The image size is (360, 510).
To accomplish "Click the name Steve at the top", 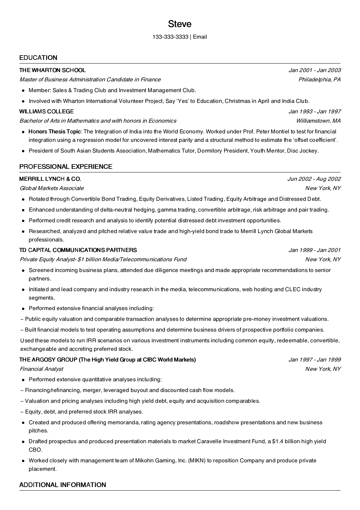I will pyautogui.click(x=180, y=24).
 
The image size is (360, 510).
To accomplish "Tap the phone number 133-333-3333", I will pyautogui.click(x=170, y=37).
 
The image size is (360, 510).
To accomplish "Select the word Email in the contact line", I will pyautogui.click(x=200, y=37).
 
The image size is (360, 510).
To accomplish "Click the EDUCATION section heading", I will pyautogui.click(x=38, y=58).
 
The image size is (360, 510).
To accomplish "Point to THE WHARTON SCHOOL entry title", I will pyautogui.click(x=52, y=70).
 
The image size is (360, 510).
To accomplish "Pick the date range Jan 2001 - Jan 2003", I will pyautogui.click(x=314, y=70).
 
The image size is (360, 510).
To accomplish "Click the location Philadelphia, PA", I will pyautogui.click(x=319, y=79).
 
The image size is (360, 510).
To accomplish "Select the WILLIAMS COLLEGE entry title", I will pyautogui.click(x=46, y=111).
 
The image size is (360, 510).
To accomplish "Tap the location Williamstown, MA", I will pyautogui.click(x=318, y=121).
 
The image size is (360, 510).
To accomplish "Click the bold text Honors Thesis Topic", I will pyautogui.click(x=55, y=131).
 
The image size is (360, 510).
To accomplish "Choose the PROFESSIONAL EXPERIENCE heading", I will pyautogui.click(x=66, y=167).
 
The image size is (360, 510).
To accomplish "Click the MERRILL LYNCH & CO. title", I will pyautogui.click(x=50, y=179).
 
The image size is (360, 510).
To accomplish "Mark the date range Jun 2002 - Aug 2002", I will pyautogui.click(x=314, y=179).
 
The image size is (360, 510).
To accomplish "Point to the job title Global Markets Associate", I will pyautogui.click(x=52, y=188).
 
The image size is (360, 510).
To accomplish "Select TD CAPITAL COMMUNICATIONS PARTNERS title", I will pyautogui.click(x=78, y=250).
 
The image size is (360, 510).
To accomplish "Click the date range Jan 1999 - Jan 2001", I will pyautogui.click(x=314, y=250).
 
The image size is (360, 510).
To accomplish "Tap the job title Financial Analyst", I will pyautogui.click(x=41, y=369).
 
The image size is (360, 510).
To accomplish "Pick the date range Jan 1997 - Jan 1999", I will pyautogui.click(x=314, y=359).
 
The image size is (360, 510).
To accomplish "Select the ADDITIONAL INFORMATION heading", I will pyautogui.click(x=62, y=485).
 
